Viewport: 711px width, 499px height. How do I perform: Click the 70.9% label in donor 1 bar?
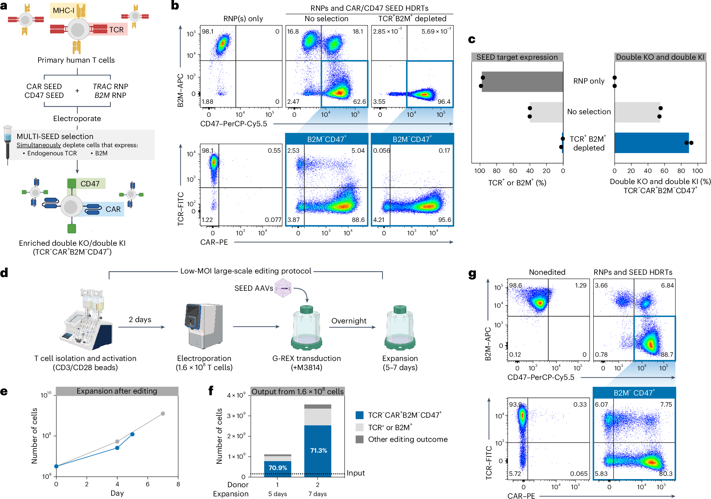[x=278, y=468]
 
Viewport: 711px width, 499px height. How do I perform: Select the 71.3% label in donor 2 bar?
[x=318, y=450]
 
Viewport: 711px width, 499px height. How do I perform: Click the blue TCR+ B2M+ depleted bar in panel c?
[x=651, y=143]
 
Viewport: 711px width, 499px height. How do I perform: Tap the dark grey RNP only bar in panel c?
[x=522, y=82]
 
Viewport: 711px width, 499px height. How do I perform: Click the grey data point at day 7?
[x=163, y=413]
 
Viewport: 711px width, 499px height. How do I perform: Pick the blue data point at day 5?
[x=132, y=434]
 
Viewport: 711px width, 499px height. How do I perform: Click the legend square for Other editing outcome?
[x=359, y=439]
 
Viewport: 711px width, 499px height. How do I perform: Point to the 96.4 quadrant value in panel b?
[x=444, y=101]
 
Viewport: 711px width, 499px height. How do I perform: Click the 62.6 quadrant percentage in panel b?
[x=359, y=101]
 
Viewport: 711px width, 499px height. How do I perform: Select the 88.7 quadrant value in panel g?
[x=667, y=354]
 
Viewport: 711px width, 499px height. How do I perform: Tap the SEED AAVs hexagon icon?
[x=283, y=288]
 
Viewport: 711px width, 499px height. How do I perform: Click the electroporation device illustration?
[x=204, y=326]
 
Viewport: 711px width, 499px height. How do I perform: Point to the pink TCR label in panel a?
[x=116, y=30]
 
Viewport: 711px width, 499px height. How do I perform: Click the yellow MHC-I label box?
[x=64, y=10]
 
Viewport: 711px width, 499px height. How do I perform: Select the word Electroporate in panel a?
[x=77, y=118]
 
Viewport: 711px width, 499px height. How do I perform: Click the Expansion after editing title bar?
[x=117, y=391]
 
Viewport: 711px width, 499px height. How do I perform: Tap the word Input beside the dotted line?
[x=355, y=473]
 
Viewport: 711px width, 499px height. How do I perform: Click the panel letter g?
[x=472, y=273]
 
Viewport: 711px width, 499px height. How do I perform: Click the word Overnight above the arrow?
[x=349, y=321]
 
